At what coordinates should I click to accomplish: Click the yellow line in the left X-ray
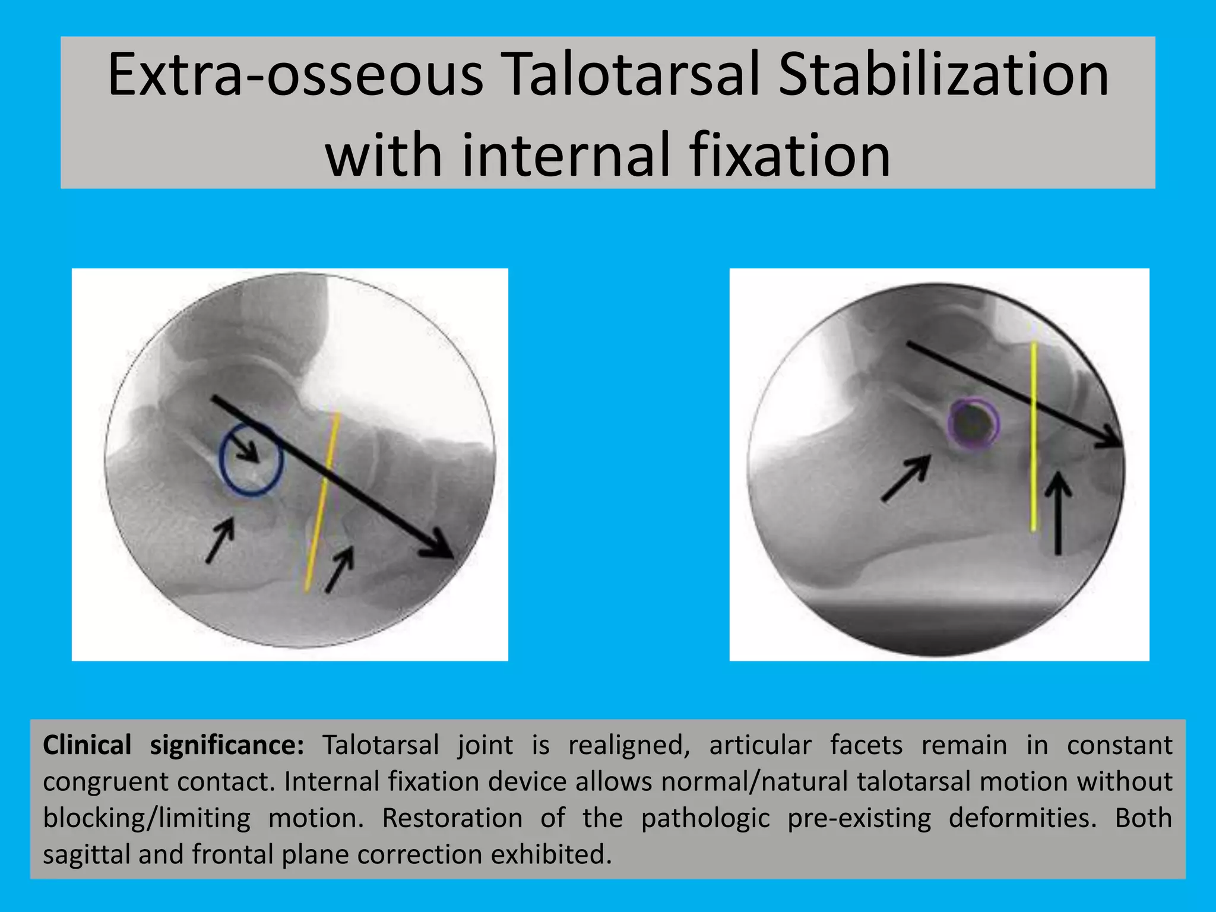pyautogui.click(x=322, y=502)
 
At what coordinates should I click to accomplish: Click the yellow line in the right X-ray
pyautogui.click(x=1034, y=436)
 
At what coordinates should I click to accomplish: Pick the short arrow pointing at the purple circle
pyautogui.click(x=906, y=478)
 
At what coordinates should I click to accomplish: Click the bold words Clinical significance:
pyautogui.click(x=173, y=745)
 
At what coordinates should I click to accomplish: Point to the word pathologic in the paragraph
pyautogui.click(x=705, y=819)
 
